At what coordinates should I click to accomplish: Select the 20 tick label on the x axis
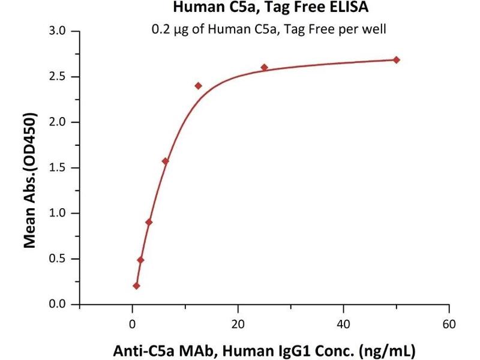click(x=238, y=324)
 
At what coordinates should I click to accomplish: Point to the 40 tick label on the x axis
click(x=344, y=324)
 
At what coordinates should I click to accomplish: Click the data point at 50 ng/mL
click(x=397, y=60)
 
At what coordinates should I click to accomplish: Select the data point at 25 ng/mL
click(x=265, y=67)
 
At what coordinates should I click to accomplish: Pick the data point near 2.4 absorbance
click(x=199, y=86)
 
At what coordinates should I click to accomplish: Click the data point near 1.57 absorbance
click(x=166, y=161)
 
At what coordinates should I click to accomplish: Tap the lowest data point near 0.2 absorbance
click(x=136, y=286)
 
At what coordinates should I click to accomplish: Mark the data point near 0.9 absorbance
click(x=149, y=222)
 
